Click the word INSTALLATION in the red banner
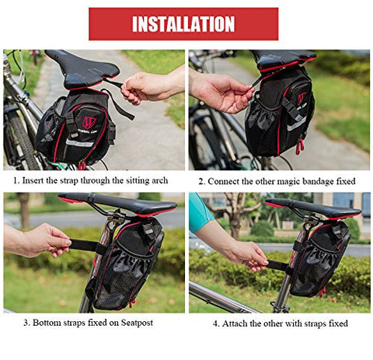183,24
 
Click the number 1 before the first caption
16,180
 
